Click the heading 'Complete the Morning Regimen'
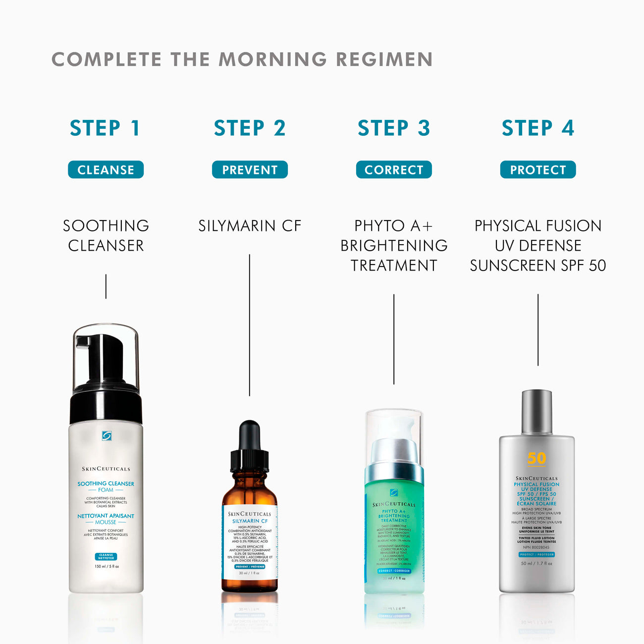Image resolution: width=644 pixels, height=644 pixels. pyautogui.click(x=242, y=59)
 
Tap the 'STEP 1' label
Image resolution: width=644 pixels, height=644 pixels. pyautogui.click(x=106, y=128)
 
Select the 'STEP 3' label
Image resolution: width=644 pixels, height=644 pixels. pyautogui.click(x=394, y=128)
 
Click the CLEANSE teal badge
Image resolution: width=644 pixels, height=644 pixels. pyautogui.click(x=106, y=170)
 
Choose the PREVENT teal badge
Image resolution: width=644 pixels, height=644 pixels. pyautogui.click(x=250, y=170)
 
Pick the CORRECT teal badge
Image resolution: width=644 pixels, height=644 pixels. pyautogui.click(x=394, y=170)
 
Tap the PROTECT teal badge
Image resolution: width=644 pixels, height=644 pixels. pyautogui.click(x=538, y=170)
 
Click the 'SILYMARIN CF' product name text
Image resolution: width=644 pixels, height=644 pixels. pyautogui.click(x=250, y=226)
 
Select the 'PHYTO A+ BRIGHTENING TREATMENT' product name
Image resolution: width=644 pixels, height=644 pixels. pyautogui.click(x=394, y=246)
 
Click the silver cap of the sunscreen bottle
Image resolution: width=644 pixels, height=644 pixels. pyautogui.click(x=537, y=411)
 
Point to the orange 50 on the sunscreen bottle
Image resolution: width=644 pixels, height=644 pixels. pyautogui.click(x=537, y=458)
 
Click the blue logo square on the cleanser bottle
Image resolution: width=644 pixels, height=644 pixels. pyautogui.click(x=107, y=436)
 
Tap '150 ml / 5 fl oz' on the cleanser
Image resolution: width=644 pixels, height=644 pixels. pyautogui.click(x=107, y=566)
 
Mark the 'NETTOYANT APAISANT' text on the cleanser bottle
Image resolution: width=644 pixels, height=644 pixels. pyautogui.click(x=106, y=516)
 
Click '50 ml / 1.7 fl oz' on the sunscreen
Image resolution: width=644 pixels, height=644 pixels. pyautogui.click(x=537, y=563)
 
